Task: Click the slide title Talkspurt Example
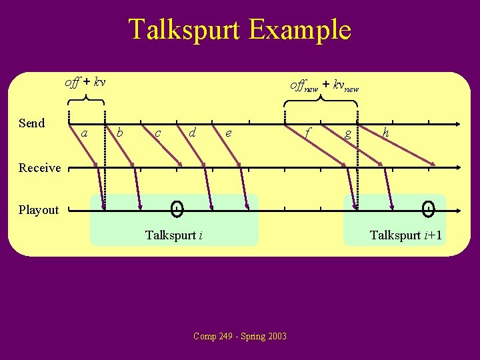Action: tap(239, 30)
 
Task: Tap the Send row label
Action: tap(32, 123)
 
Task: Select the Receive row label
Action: tap(39, 168)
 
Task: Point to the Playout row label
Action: tap(39, 210)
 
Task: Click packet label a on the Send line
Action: tap(84, 133)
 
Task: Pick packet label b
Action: tap(119, 132)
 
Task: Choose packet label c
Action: tap(157, 133)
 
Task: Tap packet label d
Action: tap(192, 133)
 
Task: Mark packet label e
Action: tap(229, 133)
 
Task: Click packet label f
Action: tap(307, 133)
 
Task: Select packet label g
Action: tap(347, 133)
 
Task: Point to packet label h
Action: tap(386, 133)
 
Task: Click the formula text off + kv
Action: tap(85, 83)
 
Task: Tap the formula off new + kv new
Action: tap(324, 86)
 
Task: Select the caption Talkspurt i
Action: tap(174, 235)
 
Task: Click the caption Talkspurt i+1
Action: tap(406, 235)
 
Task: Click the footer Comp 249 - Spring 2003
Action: tap(240, 336)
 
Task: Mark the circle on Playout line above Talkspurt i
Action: tap(177, 210)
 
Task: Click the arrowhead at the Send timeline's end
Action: tap(458, 124)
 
